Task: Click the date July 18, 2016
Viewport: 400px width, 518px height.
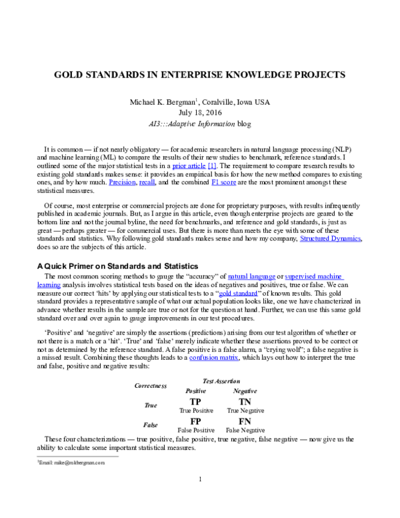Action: (x=200, y=112)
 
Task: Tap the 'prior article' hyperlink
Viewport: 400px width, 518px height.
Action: (x=189, y=164)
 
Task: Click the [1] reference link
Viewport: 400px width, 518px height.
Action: (x=213, y=164)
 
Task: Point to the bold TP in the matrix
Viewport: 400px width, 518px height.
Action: (x=195, y=401)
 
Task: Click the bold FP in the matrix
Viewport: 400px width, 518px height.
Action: (x=195, y=422)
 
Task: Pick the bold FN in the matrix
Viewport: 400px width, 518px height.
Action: (x=244, y=422)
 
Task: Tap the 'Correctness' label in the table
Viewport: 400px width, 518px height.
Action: (x=151, y=386)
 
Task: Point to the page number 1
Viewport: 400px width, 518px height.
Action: (x=200, y=479)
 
